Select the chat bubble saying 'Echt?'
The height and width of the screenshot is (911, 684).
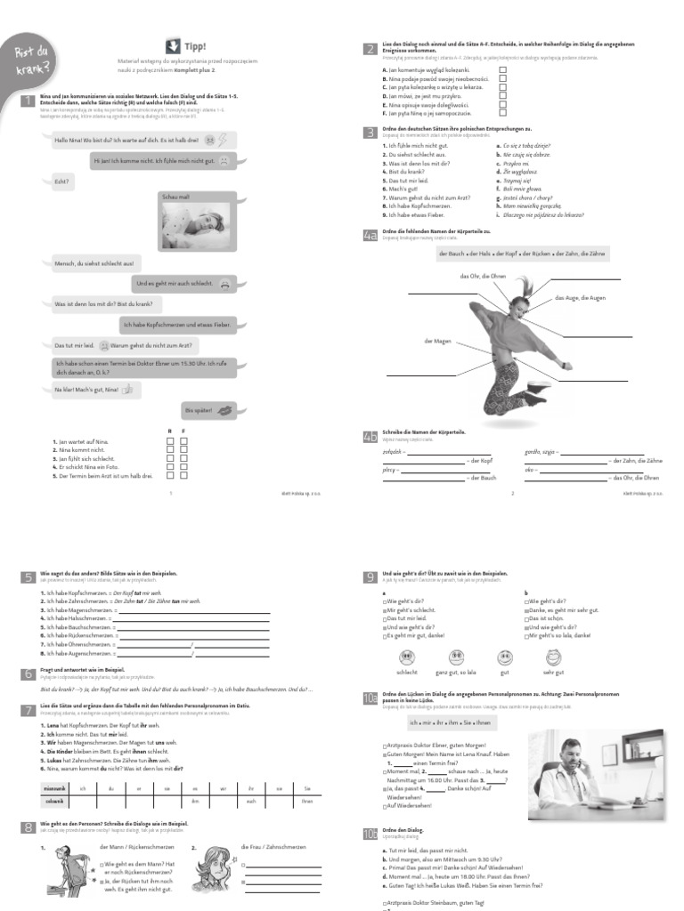click(61, 181)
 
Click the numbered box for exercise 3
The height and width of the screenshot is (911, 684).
click(370, 133)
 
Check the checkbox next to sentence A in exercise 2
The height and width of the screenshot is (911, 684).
click(502, 69)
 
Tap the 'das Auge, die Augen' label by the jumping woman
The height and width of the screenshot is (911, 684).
click(580, 297)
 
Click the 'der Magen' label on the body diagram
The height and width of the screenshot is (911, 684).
click(438, 341)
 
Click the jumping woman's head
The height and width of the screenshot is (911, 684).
click(518, 305)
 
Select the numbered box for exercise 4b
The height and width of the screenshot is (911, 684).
click(370, 436)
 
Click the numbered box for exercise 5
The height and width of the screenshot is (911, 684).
click(28, 577)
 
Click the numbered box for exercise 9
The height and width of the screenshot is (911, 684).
click(370, 577)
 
